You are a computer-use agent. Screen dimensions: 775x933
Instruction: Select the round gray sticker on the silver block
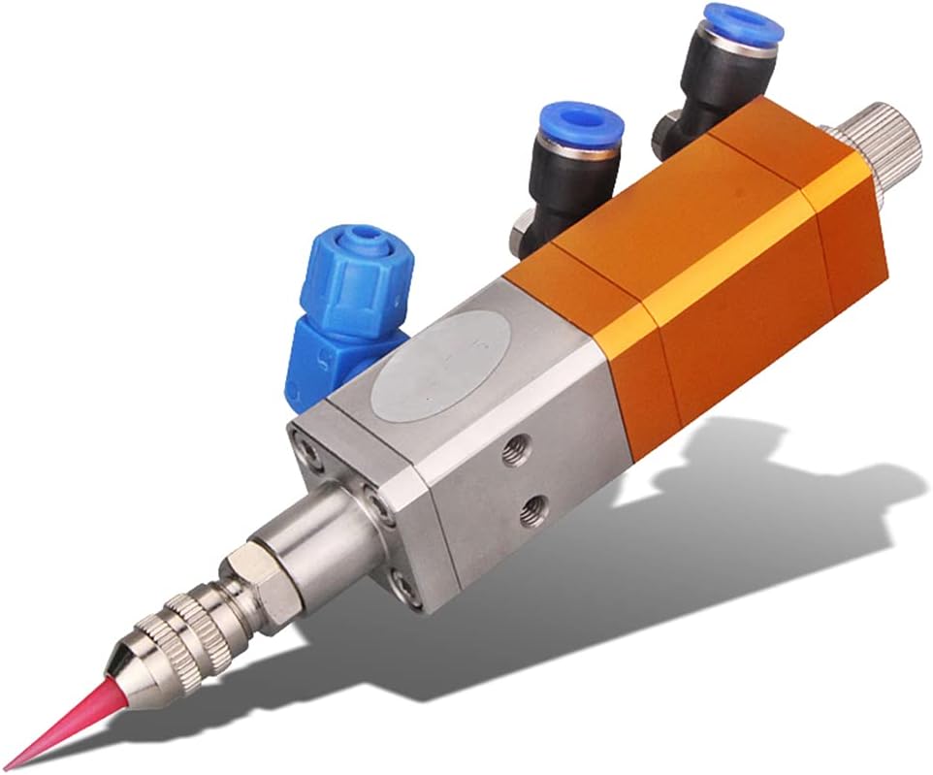click(x=441, y=359)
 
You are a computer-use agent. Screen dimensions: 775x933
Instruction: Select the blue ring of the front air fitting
click(x=580, y=125)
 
